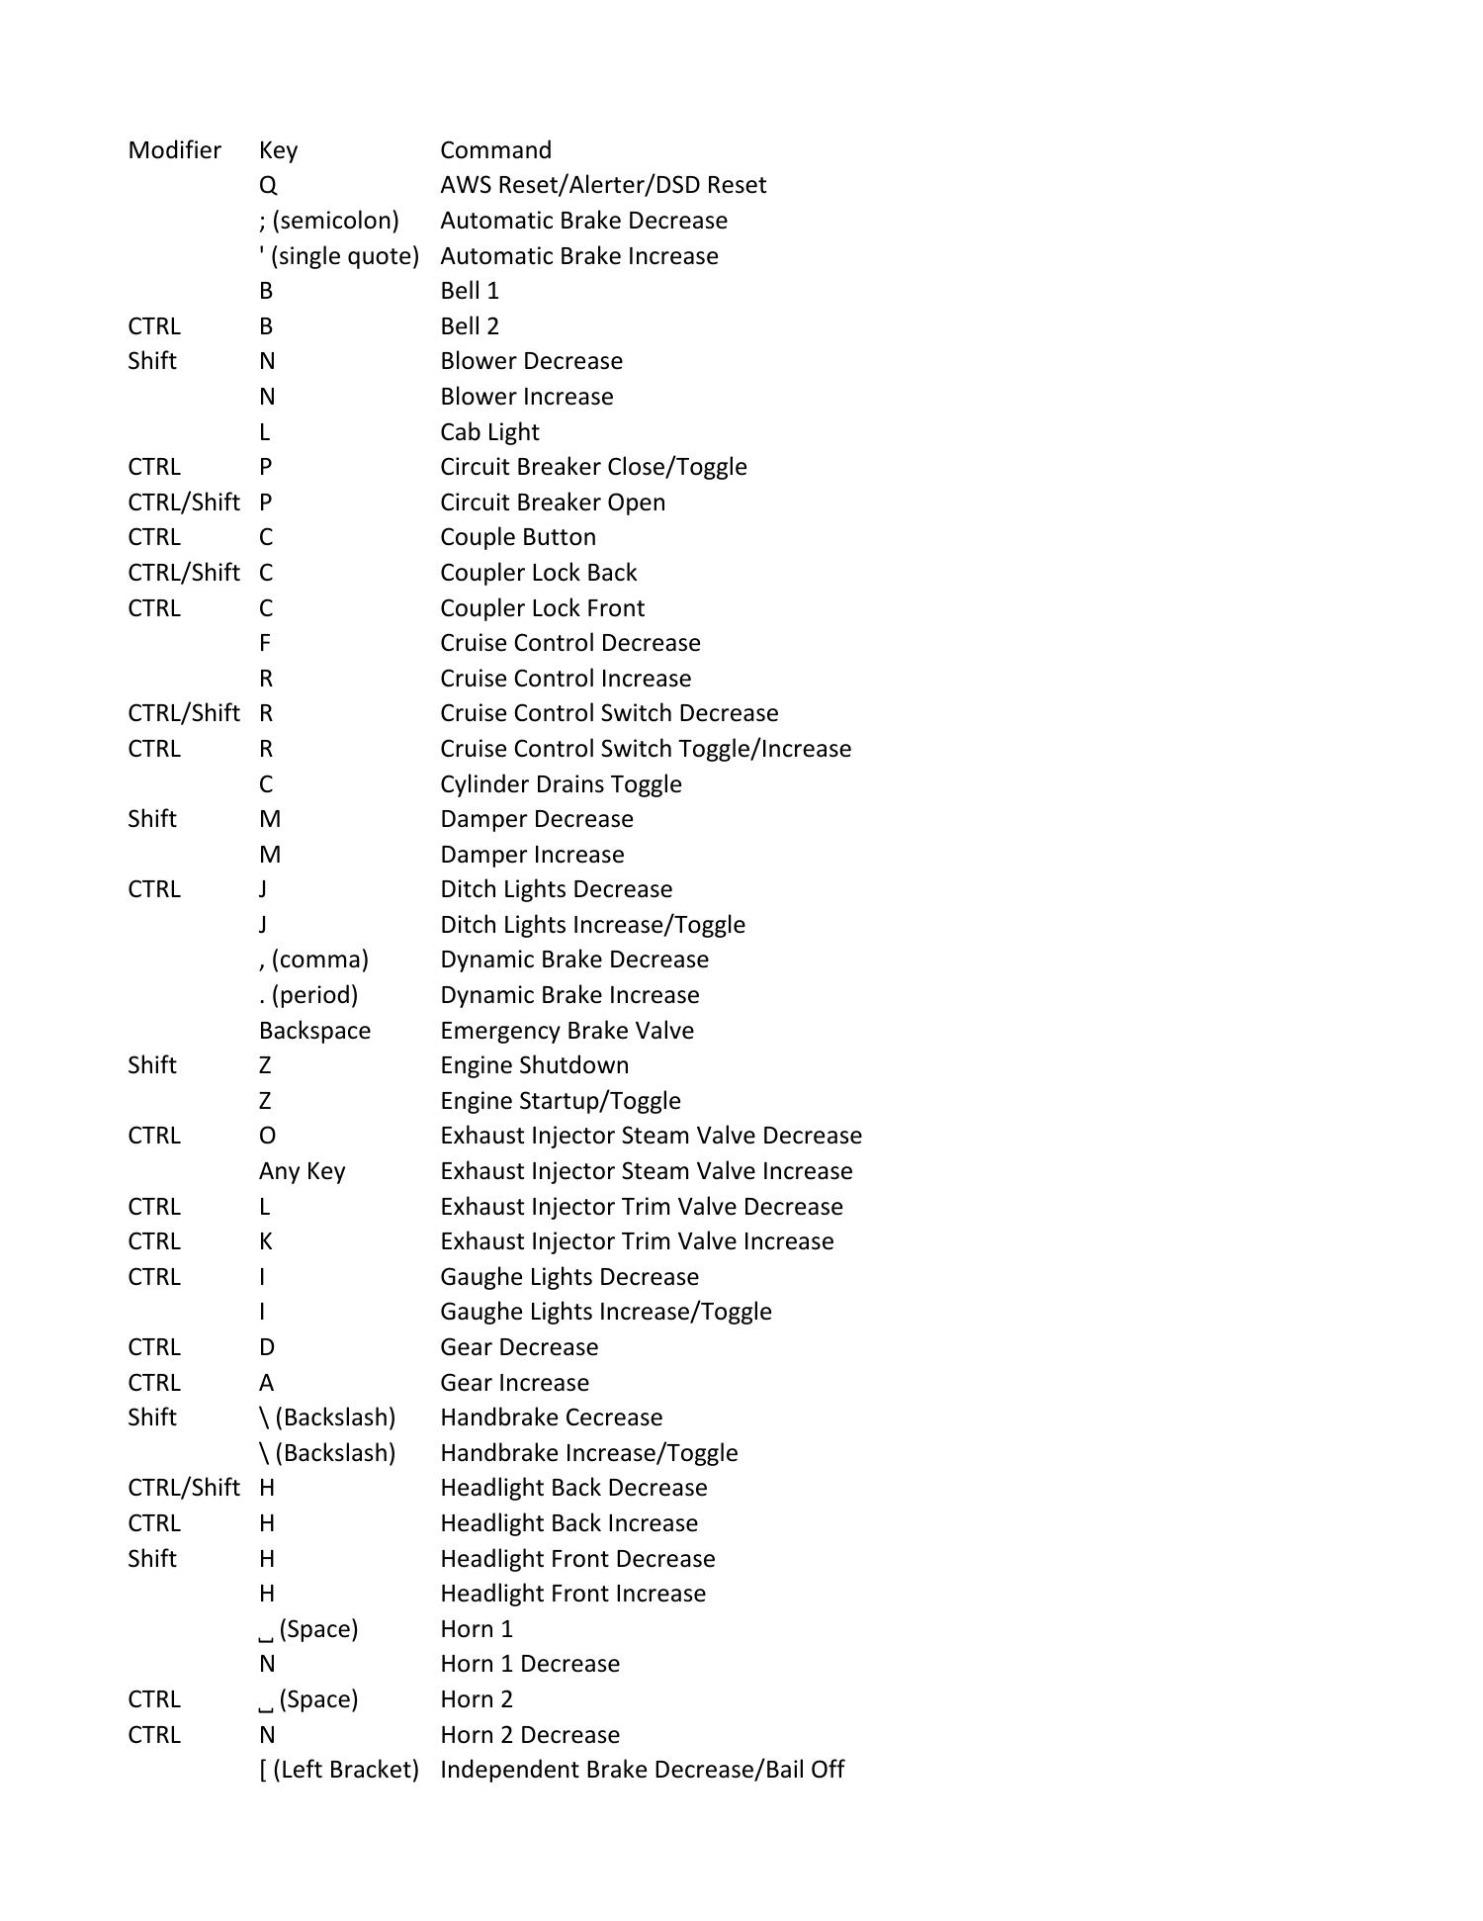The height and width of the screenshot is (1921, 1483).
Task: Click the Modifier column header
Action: click(174, 150)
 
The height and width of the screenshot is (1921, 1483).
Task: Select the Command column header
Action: click(495, 150)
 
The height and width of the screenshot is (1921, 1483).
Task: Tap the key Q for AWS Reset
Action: click(268, 185)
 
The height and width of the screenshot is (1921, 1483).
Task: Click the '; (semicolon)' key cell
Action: click(328, 221)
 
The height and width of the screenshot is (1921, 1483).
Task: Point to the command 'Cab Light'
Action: click(489, 432)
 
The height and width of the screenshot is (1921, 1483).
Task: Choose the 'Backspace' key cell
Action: click(314, 1031)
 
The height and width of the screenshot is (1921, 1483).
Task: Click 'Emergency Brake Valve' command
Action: click(567, 1031)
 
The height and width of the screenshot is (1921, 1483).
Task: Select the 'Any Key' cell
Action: click(302, 1171)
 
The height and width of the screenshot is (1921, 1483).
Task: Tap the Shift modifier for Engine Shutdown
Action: click(152, 1065)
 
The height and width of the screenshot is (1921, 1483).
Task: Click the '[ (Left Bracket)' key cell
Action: click(339, 1770)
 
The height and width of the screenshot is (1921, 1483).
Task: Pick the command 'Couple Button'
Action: click(518, 537)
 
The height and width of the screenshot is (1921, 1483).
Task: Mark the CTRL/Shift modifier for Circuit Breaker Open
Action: click(184, 503)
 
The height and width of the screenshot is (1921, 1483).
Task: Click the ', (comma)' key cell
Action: click(313, 960)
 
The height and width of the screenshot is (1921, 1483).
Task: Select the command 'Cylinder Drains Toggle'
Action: click(561, 784)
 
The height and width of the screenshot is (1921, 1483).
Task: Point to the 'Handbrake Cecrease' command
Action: click(551, 1418)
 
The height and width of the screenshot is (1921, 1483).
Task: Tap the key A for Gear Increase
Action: click(267, 1383)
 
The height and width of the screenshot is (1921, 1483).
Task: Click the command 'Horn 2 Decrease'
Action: click(530, 1735)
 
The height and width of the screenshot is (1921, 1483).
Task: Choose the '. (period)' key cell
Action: click(308, 995)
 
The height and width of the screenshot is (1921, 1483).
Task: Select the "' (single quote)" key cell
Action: click(339, 256)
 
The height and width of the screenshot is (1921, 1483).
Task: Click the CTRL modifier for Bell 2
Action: click(154, 326)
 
